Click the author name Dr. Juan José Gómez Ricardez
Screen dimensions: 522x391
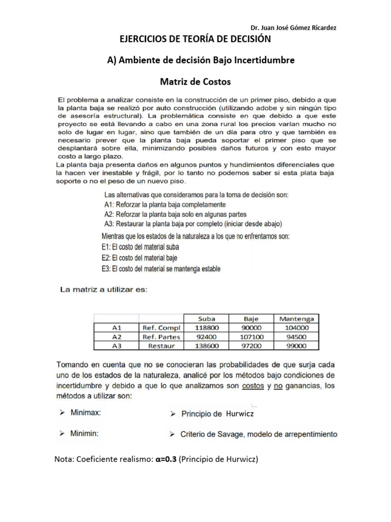tap(294, 28)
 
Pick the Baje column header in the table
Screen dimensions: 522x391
tap(252, 319)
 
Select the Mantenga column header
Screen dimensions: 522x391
tap(296, 319)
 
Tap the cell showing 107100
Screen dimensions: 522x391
tap(252, 336)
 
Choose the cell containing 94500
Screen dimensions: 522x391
tap(296, 336)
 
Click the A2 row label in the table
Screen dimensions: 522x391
tap(117, 336)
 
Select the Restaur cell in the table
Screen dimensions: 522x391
tap(161, 346)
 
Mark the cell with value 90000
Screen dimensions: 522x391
tap(252, 328)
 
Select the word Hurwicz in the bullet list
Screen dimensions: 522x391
tap(240, 414)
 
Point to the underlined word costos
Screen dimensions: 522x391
tap(252, 386)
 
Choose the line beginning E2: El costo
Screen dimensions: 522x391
tap(139, 258)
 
